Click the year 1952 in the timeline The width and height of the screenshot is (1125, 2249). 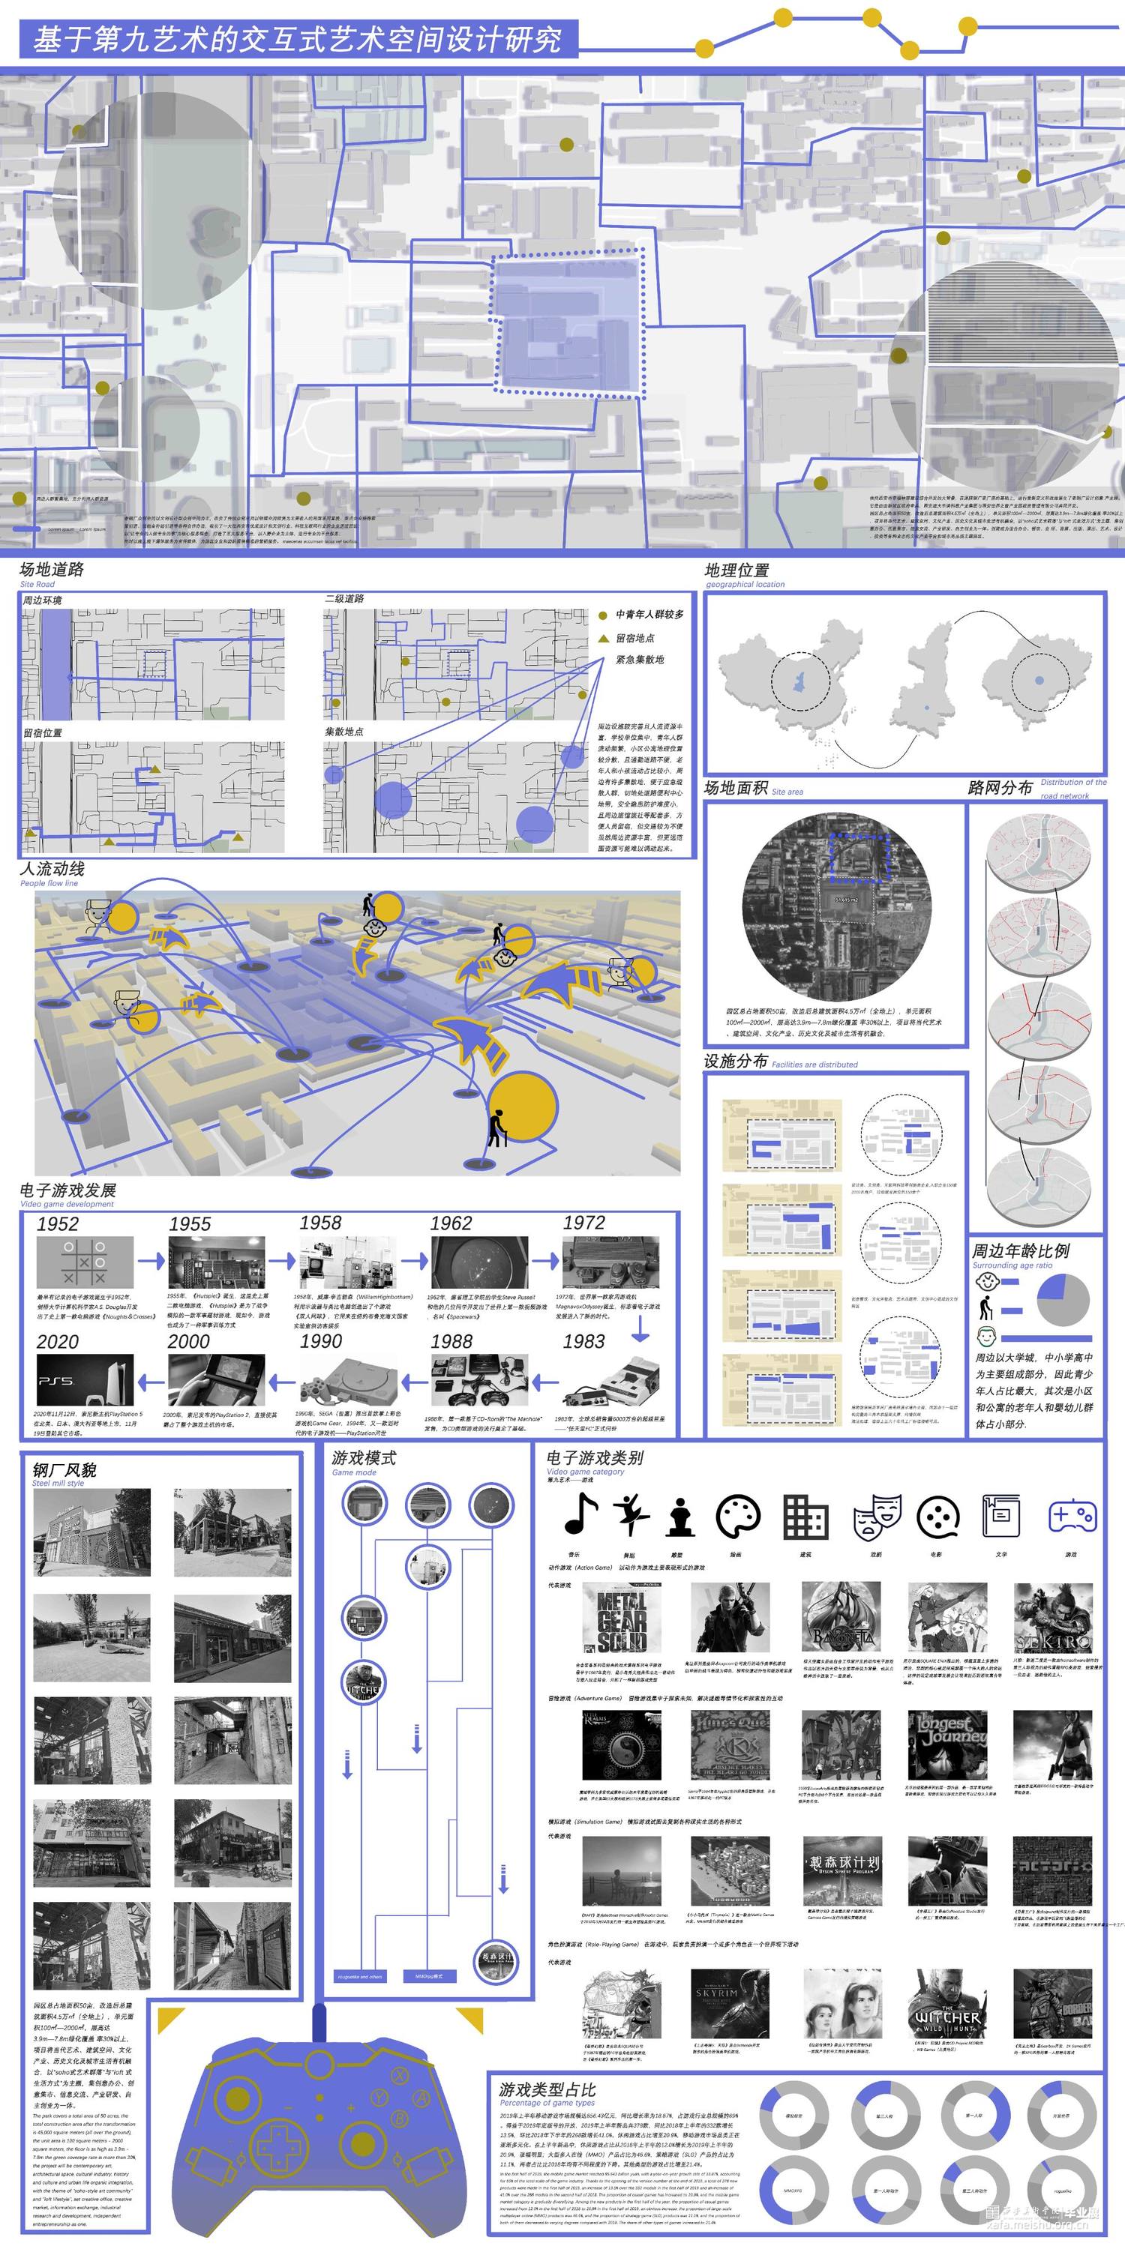pyautogui.click(x=58, y=1224)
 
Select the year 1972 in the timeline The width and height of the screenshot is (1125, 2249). pyautogui.click(x=583, y=1222)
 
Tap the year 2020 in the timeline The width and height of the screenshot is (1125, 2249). pyautogui.click(x=58, y=1342)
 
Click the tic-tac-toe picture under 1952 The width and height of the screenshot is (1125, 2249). pyautogui.click(x=85, y=1262)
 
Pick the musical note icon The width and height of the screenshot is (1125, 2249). pyautogui.click(x=580, y=1514)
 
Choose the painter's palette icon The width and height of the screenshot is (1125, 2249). pyautogui.click(x=738, y=1517)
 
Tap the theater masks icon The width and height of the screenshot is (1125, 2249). pyautogui.click(x=876, y=1517)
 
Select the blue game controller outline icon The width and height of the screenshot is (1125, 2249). pyautogui.click(x=1072, y=1517)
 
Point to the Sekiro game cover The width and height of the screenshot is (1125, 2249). pyautogui.click(x=1052, y=1618)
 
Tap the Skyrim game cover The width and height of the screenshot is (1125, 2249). pyautogui.click(x=729, y=2005)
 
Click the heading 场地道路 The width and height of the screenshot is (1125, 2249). pyautogui.click(x=52, y=569)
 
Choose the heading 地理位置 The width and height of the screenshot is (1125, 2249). pyautogui.click(x=737, y=570)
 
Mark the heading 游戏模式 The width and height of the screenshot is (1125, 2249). pyautogui.click(x=363, y=1458)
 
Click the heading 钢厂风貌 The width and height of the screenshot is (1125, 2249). pyautogui.click(x=64, y=1470)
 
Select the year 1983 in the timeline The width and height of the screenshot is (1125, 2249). pyautogui.click(x=583, y=1341)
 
